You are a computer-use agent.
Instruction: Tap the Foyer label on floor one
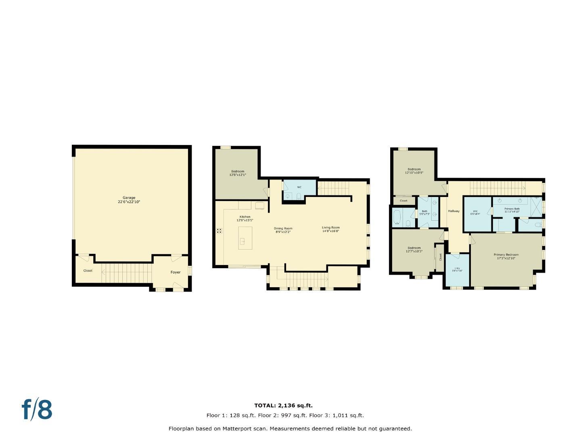point(176,272)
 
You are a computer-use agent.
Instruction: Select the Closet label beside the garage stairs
point(88,271)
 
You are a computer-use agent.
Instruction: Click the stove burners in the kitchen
point(219,231)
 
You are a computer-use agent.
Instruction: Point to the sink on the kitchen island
point(243,241)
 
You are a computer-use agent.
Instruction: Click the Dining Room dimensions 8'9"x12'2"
point(283,232)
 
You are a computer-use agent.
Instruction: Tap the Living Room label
point(330,228)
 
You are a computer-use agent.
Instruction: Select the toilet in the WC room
point(298,196)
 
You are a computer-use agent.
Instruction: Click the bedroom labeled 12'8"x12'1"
point(238,173)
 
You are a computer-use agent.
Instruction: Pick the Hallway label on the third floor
point(454,211)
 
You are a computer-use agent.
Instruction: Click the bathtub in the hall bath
point(397,217)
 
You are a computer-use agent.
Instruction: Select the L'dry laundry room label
point(457,269)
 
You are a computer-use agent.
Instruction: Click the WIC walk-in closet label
point(475,212)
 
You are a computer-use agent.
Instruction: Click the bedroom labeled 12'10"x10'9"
point(414,171)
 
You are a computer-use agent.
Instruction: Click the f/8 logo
point(37,410)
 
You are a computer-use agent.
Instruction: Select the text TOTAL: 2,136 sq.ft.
point(283,406)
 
